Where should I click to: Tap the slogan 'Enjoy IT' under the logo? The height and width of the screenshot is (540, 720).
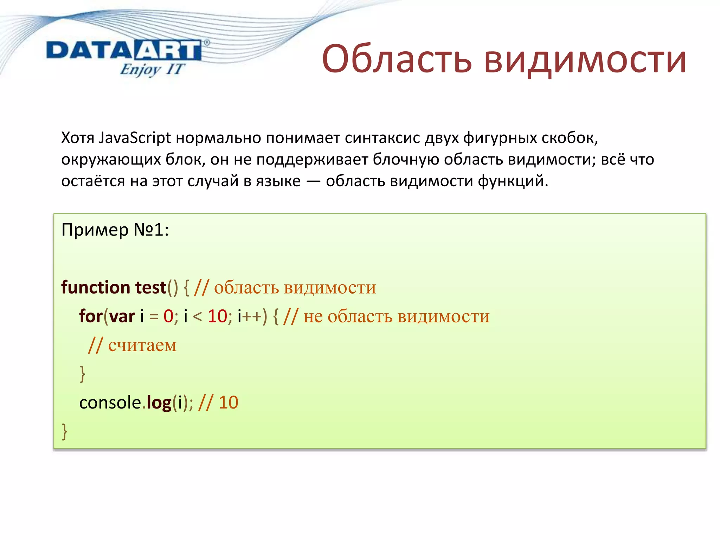click(x=152, y=69)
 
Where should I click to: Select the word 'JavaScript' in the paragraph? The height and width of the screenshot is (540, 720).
click(x=135, y=138)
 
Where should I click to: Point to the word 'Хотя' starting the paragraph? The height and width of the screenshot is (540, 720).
click(x=78, y=138)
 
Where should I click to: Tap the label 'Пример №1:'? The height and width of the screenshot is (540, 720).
click(x=115, y=230)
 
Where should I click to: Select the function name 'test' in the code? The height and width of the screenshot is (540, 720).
click(x=150, y=287)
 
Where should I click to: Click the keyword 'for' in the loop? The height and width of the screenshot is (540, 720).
click(x=91, y=316)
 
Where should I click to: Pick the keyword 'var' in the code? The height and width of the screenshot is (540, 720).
click(x=122, y=316)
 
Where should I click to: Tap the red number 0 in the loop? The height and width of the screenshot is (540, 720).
click(x=168, y=316)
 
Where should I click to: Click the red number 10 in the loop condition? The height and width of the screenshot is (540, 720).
click(x=217, y=316)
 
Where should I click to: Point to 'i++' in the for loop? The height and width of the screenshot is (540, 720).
click(x=250, y=316)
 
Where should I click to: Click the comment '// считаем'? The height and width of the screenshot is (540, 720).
click(x=132, y=345)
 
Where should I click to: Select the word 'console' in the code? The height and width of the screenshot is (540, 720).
click(x=110, y=403)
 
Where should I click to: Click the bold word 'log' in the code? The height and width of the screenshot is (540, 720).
click(x=159, y=403)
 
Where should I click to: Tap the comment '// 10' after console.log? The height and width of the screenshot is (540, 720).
click(x=218, y=403)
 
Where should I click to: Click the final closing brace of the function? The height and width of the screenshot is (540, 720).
click(x=64, y=431)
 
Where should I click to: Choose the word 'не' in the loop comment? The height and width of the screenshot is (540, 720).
click(x=313, y=316)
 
